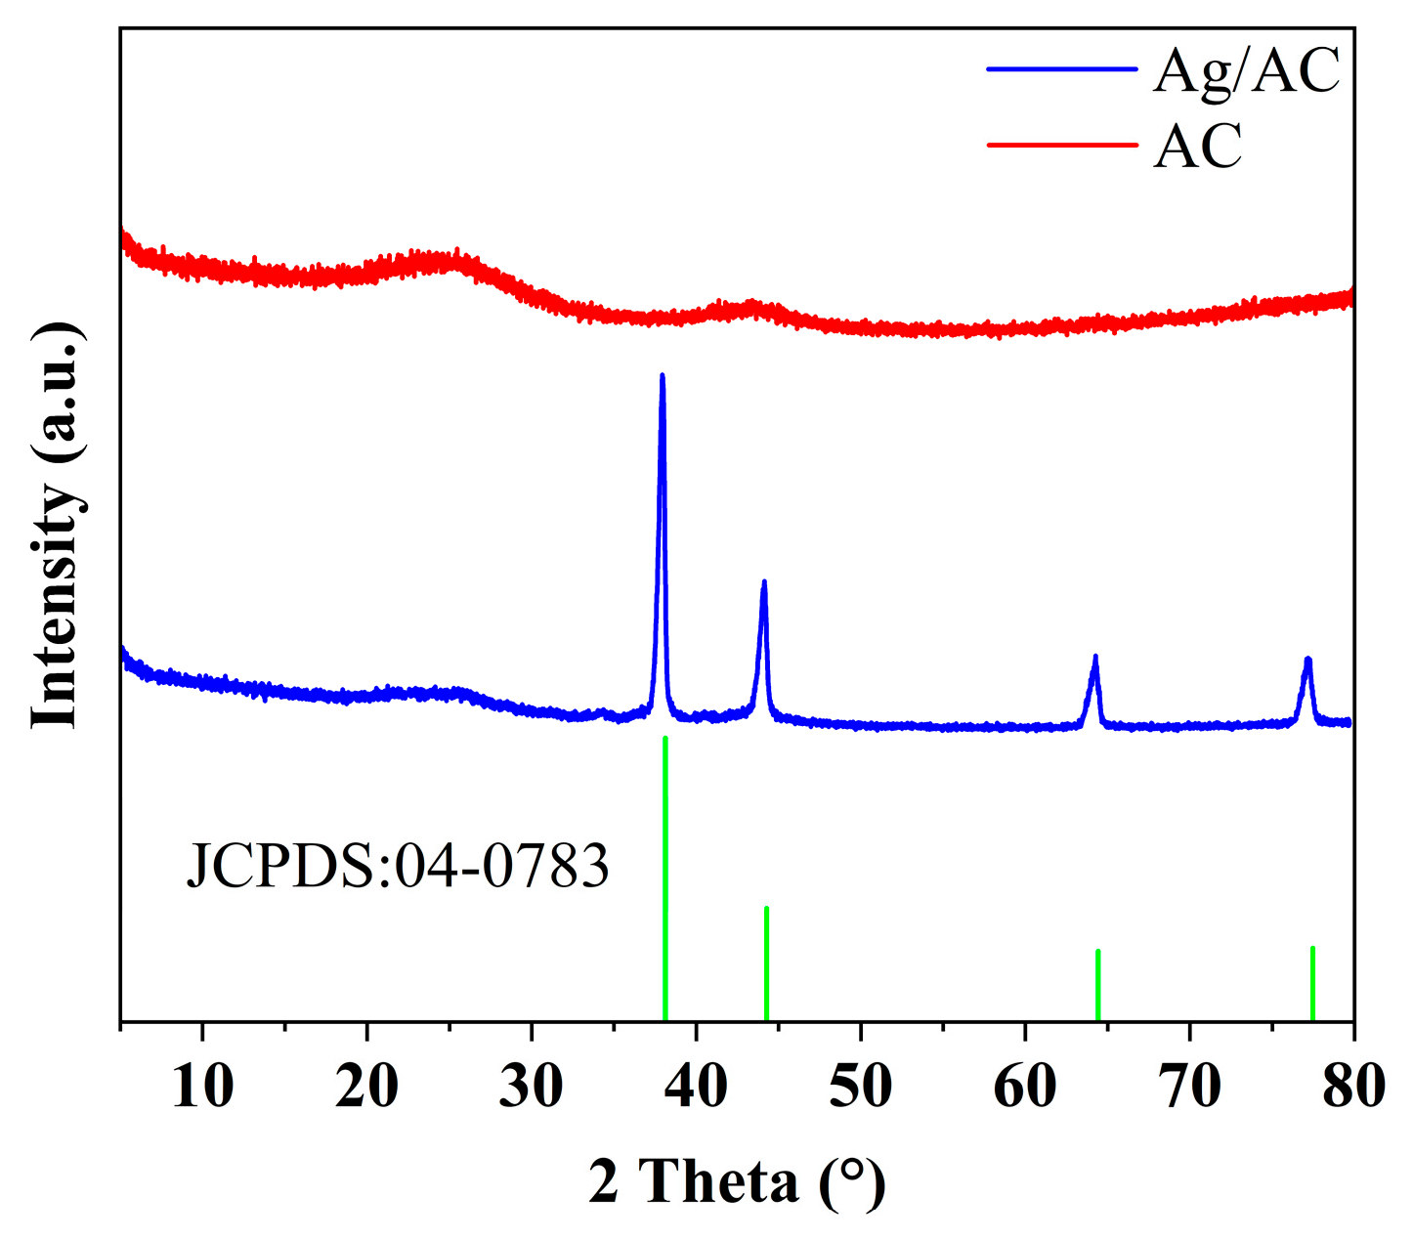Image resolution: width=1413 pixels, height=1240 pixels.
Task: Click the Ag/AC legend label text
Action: pos(1246,71)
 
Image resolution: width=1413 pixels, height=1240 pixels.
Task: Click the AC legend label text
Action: pos(1197,147)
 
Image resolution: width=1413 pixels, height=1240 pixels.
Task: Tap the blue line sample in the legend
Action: pos(1062,69)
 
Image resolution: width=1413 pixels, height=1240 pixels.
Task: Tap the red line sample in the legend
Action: pos(1062,145)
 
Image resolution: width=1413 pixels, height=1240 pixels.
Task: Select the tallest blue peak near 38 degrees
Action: pos(663,378)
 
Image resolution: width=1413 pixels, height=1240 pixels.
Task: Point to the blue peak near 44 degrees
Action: pos(764,584)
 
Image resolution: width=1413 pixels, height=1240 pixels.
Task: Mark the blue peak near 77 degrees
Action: pos(1307,662)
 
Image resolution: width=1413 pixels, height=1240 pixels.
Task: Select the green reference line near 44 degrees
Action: pos(766,962)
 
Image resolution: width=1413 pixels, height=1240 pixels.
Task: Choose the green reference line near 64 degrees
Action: pos(1098,984)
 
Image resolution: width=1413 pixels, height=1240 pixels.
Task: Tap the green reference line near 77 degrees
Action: pos(1312,982)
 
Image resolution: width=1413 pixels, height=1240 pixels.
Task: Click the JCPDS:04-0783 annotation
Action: pos(398,866)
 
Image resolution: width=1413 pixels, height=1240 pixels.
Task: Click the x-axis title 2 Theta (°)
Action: pos(737,1181)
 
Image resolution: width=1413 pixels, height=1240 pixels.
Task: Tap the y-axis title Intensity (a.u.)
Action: pos(57,525)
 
